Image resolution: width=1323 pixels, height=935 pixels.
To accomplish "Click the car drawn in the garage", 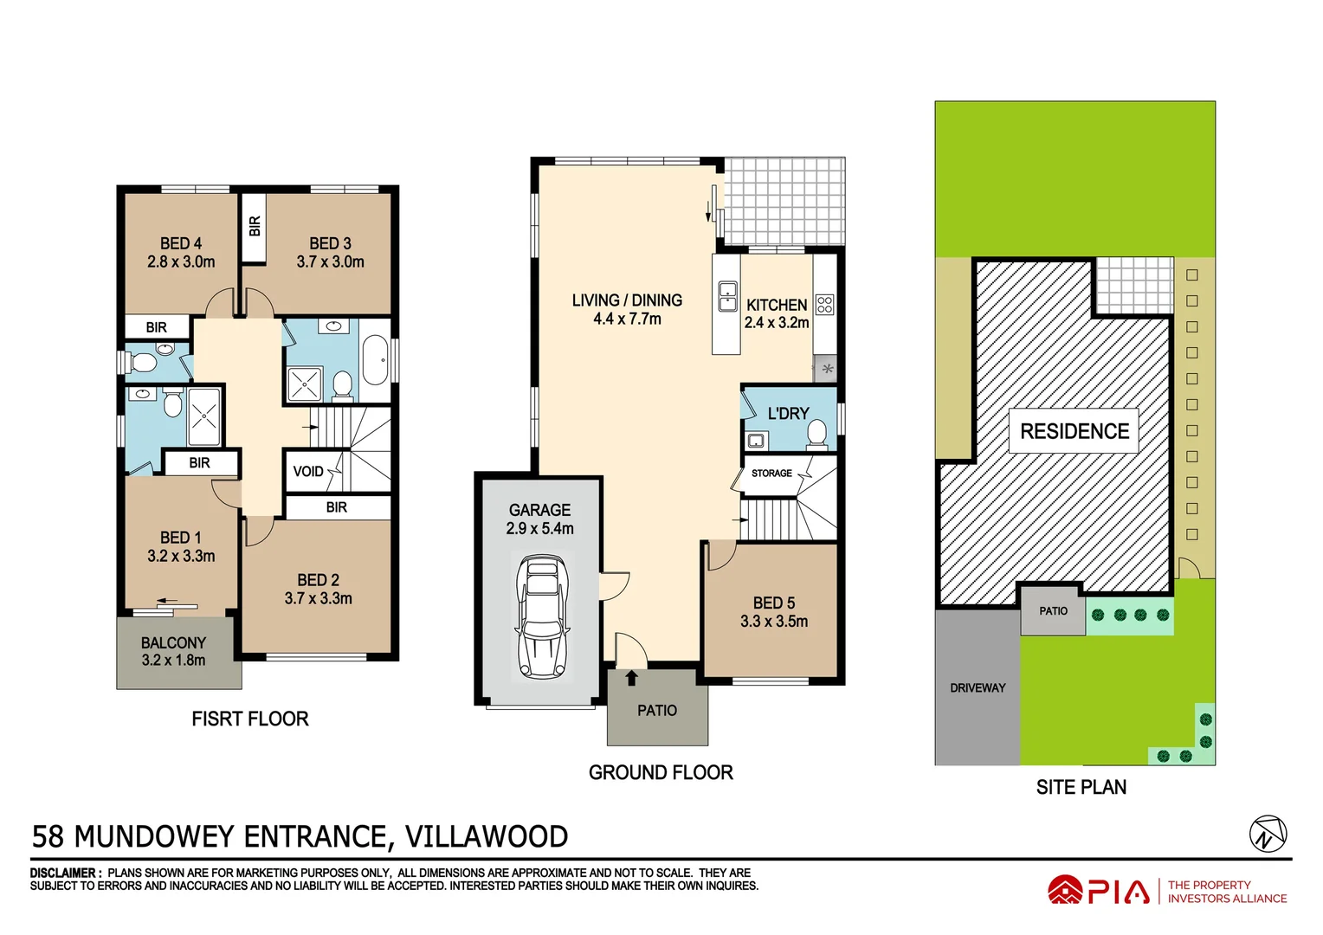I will click(x=540, y=616).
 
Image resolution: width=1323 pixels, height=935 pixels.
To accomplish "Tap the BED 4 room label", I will click(x=181, y=244).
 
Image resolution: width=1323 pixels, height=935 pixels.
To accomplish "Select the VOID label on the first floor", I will click(x=308, y=472).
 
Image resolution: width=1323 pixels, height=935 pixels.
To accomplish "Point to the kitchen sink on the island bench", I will click(x=727, y=296).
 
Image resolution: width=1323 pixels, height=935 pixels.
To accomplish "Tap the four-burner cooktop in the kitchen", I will click(x=824, y=304).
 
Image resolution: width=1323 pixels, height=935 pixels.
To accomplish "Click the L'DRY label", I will click(x=788, y=414).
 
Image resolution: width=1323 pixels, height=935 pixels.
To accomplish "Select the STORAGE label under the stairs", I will click(x=771, y=474).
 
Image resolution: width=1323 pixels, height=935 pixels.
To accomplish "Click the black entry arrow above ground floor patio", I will click(x=632, y=678).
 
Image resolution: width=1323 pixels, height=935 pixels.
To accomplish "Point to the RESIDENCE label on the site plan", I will click(x=1075, y=431).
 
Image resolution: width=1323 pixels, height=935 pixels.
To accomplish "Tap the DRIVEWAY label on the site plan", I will click(x=978, y=688).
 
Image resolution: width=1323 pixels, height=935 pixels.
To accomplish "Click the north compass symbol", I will click(x=1268, y=835).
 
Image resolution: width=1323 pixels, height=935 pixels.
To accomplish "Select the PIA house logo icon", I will click(x=1065, y=891).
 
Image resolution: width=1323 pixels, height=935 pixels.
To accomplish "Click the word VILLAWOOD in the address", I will click(x=487, y=837).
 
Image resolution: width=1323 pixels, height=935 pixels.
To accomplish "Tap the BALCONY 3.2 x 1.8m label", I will click(x=173, y=652).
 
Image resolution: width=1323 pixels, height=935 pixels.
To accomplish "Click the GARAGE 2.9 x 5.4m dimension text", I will click(x=539, y=529).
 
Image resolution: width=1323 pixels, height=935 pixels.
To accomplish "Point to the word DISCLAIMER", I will click(x=64, y=873).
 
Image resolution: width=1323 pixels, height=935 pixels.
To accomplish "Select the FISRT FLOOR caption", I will click(x=249, y=719).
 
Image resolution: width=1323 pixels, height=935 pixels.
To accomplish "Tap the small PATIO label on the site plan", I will click(x=1053, y=611).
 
